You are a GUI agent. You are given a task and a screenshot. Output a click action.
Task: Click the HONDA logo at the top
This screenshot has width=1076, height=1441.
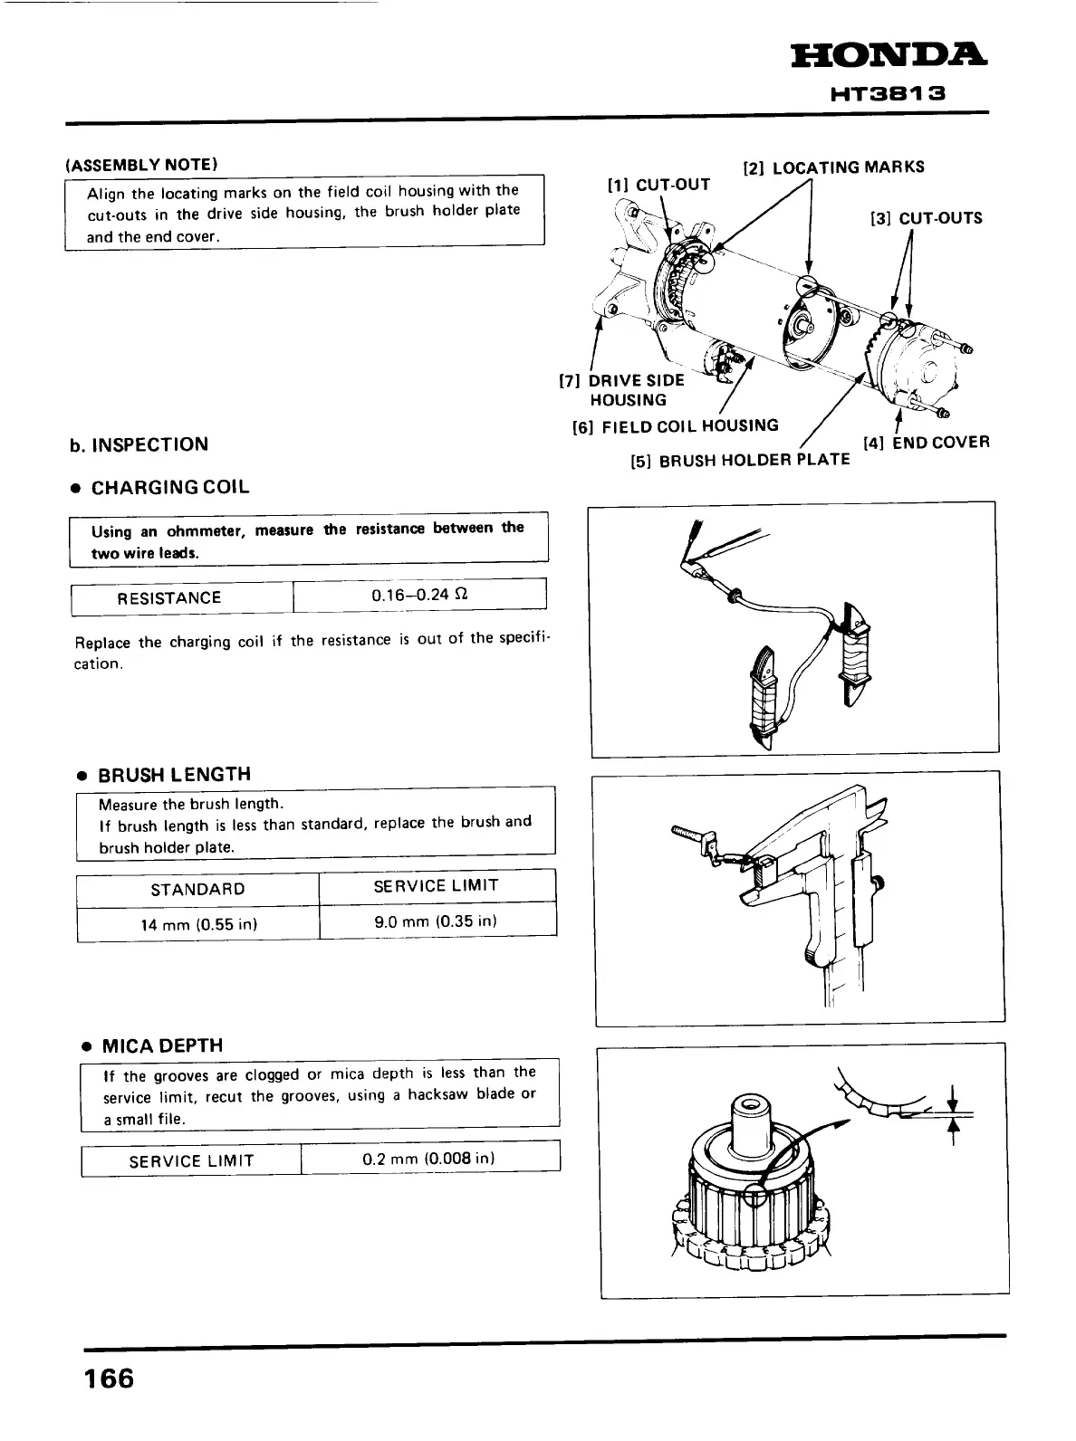(889, 56)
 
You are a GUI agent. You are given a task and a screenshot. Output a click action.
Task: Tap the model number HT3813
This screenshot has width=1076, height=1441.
(888, 93)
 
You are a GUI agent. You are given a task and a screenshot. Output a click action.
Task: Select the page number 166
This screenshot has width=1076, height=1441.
(109, 1379)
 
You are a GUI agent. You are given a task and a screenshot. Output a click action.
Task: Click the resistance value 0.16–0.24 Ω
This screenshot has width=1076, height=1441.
(419, 595)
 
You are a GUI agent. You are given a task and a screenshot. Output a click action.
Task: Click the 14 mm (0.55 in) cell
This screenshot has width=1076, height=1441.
(198, 924)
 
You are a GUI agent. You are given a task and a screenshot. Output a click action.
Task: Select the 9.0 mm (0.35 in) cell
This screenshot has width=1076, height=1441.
(437, 921)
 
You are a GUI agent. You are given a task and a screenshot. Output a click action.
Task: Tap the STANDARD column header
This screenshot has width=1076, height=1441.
(197, 889)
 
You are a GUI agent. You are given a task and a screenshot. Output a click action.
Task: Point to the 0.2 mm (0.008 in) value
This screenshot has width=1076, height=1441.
(428, 1159)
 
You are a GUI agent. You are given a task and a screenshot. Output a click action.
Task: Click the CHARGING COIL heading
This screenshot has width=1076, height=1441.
(170, 487)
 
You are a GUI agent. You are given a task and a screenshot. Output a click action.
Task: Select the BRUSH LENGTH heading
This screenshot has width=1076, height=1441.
(174, 775)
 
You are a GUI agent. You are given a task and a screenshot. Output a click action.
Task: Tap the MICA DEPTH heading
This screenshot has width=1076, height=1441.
(162, 1046)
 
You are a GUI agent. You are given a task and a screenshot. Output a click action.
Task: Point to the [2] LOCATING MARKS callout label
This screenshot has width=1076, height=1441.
(833, 167)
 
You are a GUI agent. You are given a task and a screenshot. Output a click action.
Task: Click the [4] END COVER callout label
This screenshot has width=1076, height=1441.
(926, 443)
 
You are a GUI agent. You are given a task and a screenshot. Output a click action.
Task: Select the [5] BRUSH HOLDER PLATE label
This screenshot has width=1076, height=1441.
(740, 460)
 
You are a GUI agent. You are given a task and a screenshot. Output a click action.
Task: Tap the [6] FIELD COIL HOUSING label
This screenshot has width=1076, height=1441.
(675, 426)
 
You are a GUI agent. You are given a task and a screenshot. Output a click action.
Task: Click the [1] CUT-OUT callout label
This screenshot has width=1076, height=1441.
(658, 186)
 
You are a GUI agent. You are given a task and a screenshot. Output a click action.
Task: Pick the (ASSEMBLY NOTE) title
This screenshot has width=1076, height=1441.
(141, 165)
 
